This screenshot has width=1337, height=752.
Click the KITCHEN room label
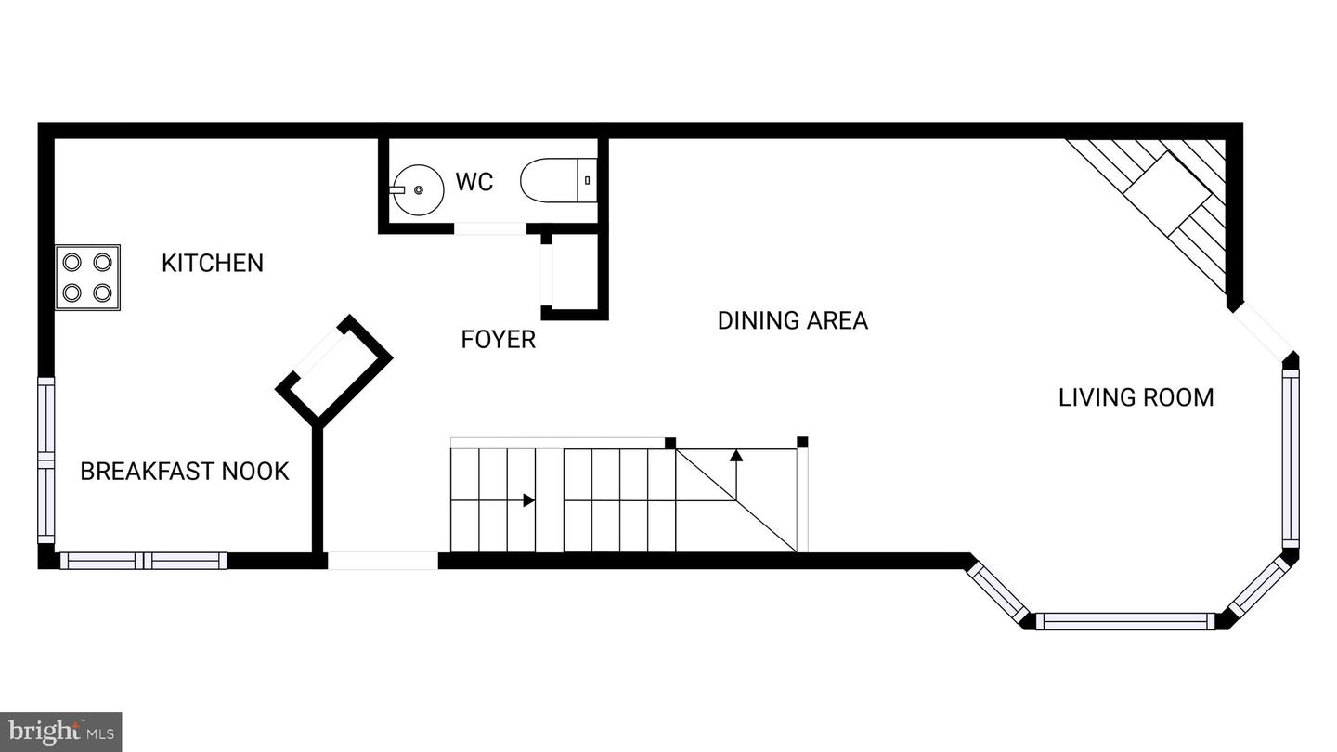coord(213,263)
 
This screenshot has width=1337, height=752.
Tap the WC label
coord(474,182)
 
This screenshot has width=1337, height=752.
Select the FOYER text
coord(499,340)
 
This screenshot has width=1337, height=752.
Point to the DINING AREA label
coord(792,320)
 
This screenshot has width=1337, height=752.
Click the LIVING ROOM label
coord(1136,397)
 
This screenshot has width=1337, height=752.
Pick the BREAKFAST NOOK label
coord(185,472)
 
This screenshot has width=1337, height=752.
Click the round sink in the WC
coord(417,189)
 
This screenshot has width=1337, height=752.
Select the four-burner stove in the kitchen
coord(87,277)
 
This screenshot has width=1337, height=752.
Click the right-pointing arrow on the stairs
coord(528,500)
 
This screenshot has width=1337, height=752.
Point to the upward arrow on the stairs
coord(736,456)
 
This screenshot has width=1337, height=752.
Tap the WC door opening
coord(489,228)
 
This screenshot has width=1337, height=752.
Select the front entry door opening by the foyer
coord(383,561)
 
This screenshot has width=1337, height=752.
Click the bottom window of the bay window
coord(1125,621)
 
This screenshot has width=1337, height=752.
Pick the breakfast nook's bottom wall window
coord(143,561)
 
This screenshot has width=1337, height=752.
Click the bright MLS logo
coord(60,732)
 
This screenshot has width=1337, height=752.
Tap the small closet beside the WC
coord(574,276)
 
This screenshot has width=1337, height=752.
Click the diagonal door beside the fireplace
coord(1262,331)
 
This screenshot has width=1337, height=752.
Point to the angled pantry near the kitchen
coord(334,366)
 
